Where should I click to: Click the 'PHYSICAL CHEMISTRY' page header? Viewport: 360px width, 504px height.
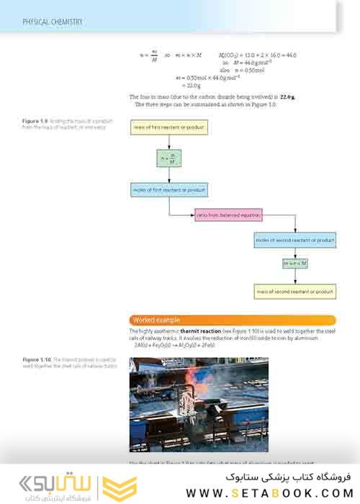tap(53, 22)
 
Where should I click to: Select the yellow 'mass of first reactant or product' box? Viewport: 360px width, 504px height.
tap(169, 128)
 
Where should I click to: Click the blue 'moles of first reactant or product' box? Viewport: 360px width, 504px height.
tap(169, 190)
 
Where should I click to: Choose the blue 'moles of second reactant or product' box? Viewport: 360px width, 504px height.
tap(294, 239)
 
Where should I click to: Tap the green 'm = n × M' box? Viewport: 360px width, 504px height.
tap(294, 264)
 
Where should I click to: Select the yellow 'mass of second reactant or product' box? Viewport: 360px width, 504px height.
tap(294, 292)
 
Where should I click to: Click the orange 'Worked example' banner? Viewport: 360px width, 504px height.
tap(233, 320)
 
